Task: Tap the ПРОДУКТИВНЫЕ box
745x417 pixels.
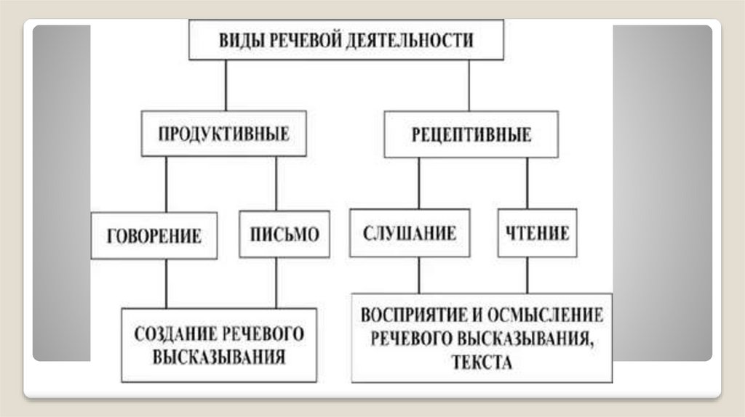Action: point(224,134)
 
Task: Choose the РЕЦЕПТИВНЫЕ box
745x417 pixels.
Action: point(471,134)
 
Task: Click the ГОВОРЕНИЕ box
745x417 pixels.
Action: point(154,235)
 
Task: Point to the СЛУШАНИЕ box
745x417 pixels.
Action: point(409,234)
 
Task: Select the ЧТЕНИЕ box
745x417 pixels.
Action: point(538,234)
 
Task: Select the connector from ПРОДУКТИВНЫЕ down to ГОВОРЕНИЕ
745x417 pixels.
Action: point(166,184)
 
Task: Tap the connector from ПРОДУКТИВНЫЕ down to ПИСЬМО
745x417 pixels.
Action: point(276,184)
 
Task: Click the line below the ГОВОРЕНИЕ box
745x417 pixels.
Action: point(166,283)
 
